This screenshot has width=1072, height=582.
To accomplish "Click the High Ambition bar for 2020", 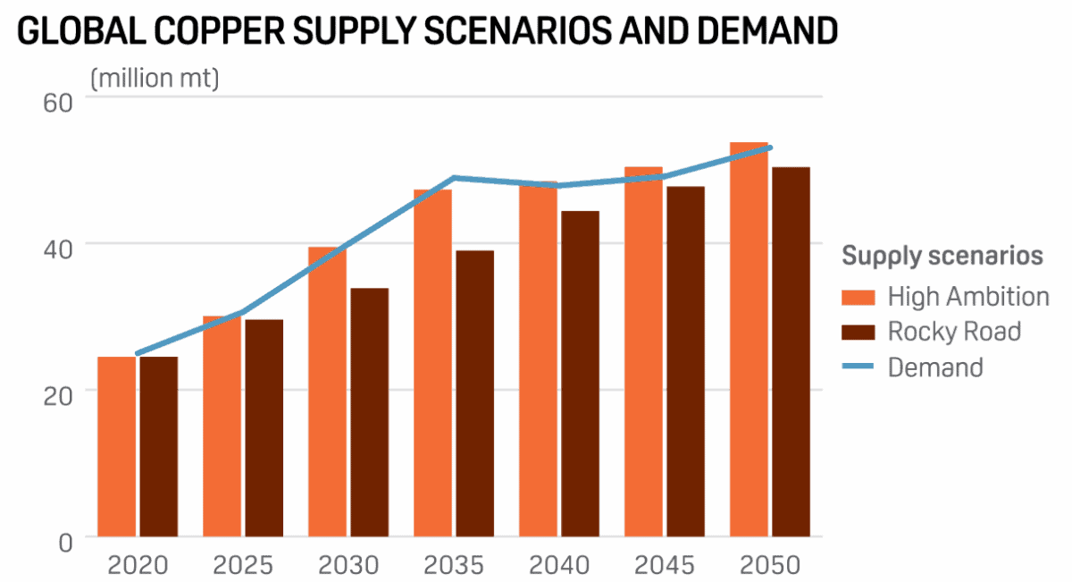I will (x=116, y=447).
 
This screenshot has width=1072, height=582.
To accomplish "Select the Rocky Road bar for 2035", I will (x=474, y=393).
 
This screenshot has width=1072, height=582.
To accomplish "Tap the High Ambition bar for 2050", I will (x=749, y=340).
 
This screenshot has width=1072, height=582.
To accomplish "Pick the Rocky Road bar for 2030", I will (x=369, y=412).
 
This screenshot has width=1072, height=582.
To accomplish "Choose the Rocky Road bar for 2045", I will (x=685, y=361).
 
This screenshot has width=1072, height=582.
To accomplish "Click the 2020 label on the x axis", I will (x=138, y=565).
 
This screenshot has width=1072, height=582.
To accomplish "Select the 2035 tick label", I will (x=454, y=565).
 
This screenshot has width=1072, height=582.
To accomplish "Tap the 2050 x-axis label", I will (x=770, y=565).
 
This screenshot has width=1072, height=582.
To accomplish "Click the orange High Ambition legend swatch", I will (x=857, y=296).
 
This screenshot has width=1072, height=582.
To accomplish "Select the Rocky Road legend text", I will (x=954, y=332).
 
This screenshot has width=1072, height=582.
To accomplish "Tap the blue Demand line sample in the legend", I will (x=857, y=367).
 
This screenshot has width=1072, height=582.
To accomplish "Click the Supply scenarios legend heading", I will (x=942, y=257).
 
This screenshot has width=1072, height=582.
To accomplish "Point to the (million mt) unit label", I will (x=154, y=79).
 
